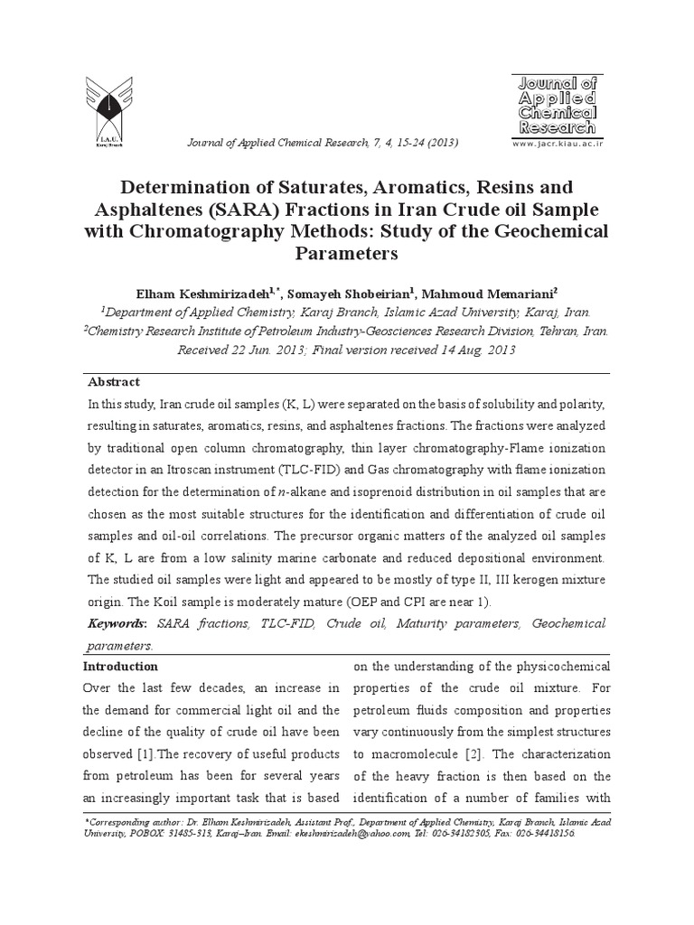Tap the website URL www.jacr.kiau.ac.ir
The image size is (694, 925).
[x=557, y=144]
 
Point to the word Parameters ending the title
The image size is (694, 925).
[x=346, y=254]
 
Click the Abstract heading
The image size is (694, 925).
[x=114, y=382]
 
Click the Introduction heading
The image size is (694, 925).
[x=120, y=667]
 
